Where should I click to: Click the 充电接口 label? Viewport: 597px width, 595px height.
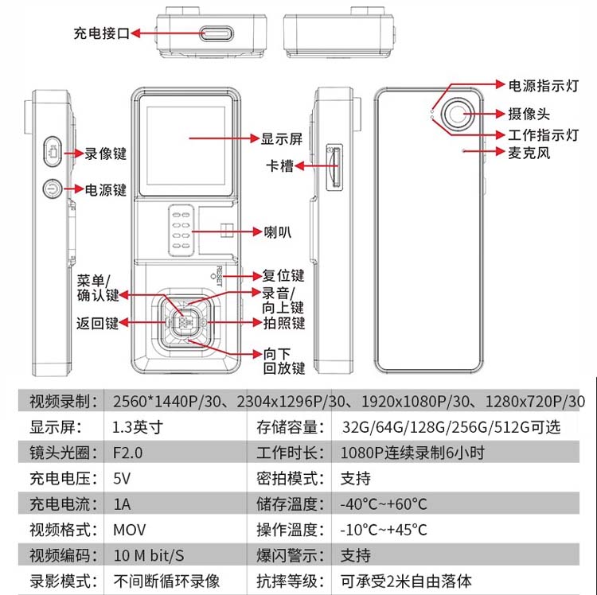click(x=99, y=33)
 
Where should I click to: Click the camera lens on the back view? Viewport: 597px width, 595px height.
click(x=457, y=115)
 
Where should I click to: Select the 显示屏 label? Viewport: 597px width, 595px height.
click(x=283, y=138)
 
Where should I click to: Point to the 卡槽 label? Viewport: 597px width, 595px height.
click(x=281, y=166)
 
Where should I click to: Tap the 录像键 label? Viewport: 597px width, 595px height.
click(x=106, y=153)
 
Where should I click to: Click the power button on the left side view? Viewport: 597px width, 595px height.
click(x=52, y=189)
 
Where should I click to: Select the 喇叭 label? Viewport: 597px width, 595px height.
click(x=277, y=232)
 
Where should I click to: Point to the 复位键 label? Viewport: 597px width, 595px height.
click(x=283, y=276)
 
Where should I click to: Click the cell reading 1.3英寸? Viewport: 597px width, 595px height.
click(x=139, y=426)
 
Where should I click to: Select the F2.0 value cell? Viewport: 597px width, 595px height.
click(x=131, y=453)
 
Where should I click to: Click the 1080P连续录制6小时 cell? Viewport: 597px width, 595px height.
click(x=412, y=453)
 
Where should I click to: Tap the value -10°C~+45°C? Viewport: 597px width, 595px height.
click(x=384, y=530)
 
